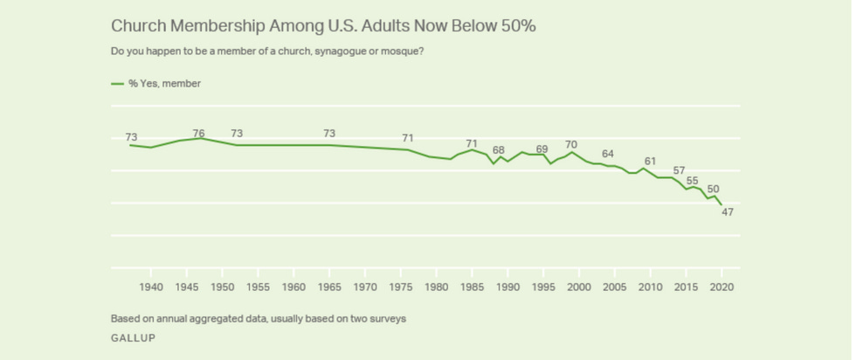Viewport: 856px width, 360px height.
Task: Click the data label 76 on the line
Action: [198, 134]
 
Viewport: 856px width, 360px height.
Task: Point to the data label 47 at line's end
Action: [727, 212]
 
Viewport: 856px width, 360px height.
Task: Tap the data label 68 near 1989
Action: [498, 150]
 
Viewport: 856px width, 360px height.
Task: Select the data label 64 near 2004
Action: [608, 154]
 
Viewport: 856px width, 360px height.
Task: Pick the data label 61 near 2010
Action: [649, 161]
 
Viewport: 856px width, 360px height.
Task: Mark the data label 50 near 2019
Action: [713, 189]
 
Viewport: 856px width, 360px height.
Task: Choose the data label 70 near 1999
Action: [571, 144]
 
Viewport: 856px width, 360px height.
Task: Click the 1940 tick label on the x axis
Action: [151, 287]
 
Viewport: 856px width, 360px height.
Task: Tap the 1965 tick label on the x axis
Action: [329, 287]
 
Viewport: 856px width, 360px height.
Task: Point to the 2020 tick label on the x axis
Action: [721, 287]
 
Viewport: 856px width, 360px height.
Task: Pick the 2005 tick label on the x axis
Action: [615, 287]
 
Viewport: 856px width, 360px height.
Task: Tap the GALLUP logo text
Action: [133, 337]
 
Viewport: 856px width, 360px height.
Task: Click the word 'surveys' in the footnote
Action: [388, 318]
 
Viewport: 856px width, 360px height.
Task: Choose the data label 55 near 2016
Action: [693, 180]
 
